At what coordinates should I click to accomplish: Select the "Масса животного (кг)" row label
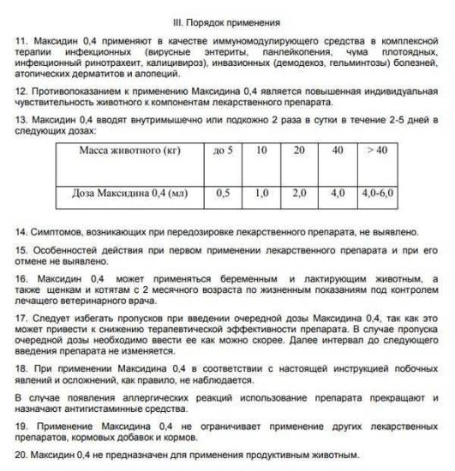[123, 151]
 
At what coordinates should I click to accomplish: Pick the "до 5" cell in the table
[223, 151]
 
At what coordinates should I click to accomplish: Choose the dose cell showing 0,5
[223, 194]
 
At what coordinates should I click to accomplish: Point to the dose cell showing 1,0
[261, 194]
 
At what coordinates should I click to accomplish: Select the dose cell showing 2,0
[299, 194]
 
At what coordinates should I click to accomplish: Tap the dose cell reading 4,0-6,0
[377, 194]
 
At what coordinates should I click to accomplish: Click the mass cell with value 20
[299, 151]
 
